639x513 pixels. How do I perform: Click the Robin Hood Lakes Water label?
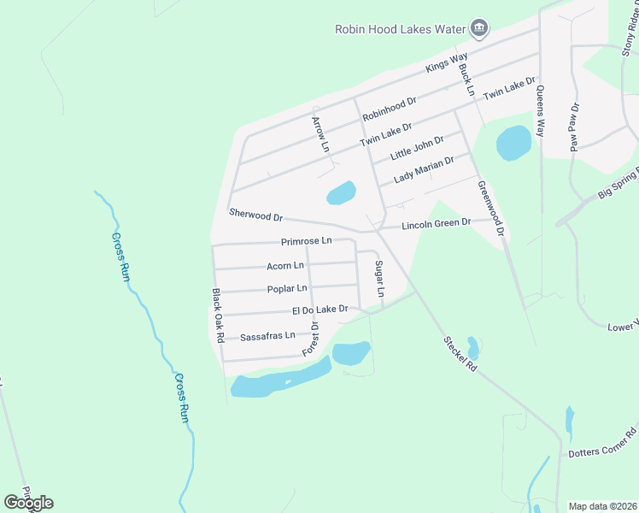click(x=399, y=29)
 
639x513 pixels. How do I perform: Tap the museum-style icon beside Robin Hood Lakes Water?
click(x=478, y=29)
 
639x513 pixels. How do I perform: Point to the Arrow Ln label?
click(x=320, y=135)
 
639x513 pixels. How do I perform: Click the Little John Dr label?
click(x=417, y=149)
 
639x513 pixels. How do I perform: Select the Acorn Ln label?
click(x=284, y=266)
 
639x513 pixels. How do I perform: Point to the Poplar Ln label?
click(x=286, y=289)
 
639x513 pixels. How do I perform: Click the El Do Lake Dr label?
click(x=320, y=310)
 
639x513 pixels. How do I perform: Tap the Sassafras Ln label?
click(x=267, y=336)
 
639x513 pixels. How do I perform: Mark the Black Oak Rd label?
click(x=218, y=315)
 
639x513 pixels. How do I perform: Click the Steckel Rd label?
click(x=460, y=352)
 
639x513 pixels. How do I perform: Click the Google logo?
click(x=28, y=503)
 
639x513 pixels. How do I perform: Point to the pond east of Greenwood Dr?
click(x=513, y=143)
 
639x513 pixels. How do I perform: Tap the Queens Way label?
click(x=540, y=111)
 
